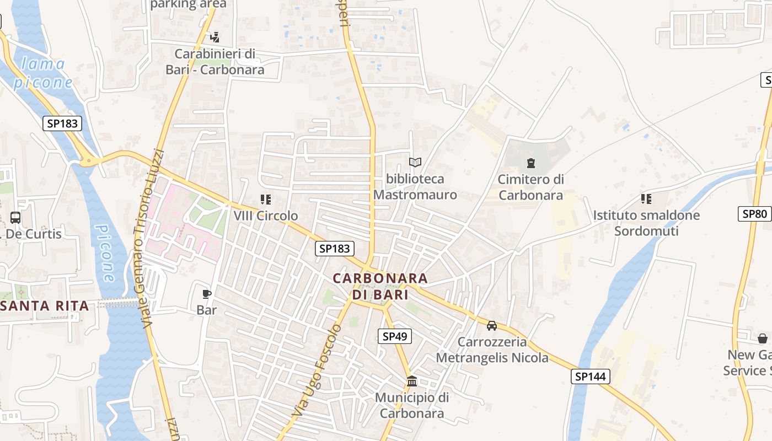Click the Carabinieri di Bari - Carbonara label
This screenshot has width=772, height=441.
[215, 62]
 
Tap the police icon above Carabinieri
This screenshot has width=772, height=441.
[215, 37]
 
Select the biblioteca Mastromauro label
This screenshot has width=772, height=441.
[415, 187]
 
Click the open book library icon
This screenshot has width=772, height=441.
[415, 162]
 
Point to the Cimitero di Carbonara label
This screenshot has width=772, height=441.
[530, 187]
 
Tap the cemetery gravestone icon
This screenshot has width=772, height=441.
[530, 163]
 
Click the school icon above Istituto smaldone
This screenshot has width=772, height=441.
[646, 198]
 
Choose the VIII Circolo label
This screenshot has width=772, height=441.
[266, 216]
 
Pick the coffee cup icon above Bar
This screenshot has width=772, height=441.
[207, 294]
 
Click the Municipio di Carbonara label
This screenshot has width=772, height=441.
[412, 405]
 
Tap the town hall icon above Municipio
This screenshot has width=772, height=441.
[412, 381]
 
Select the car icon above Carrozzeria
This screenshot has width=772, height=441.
[492, 325]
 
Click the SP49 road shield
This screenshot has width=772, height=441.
[395, 336]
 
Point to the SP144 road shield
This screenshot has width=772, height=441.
[591, 377]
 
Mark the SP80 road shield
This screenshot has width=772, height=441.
[754, 213]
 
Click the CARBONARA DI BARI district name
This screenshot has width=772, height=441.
[380, 286]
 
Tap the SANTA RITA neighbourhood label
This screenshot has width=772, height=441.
[45, 306]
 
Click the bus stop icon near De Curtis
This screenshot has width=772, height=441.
[15, 217]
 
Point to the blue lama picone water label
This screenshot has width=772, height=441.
[43, 73]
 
